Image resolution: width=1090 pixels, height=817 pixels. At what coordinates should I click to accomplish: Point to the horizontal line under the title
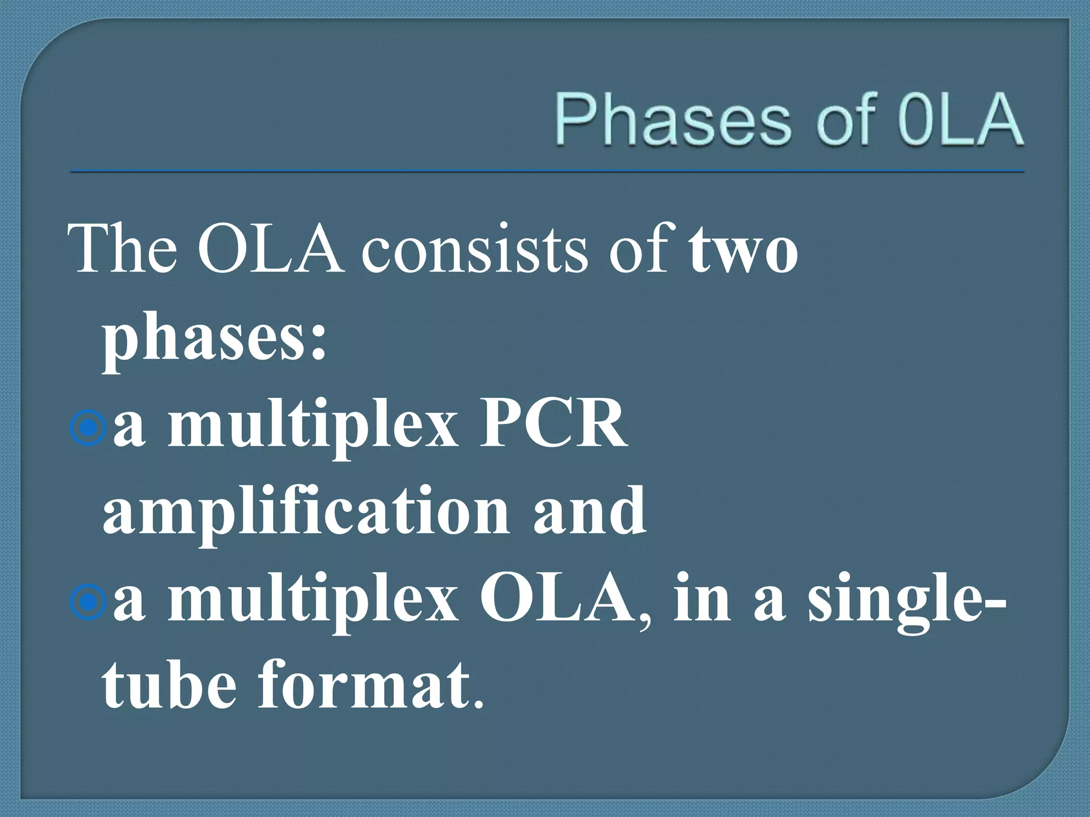coord(547,172)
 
